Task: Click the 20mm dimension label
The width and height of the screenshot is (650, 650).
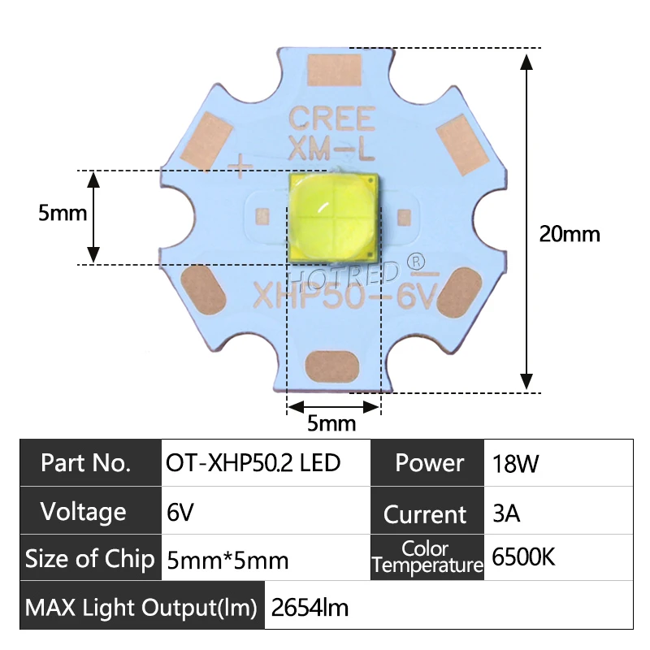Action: pos(570,234)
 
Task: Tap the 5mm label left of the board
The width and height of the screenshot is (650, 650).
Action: pos(63,214)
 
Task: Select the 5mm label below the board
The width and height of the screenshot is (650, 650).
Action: pos(331,423)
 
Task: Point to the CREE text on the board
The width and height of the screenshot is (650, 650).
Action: pos(333,119)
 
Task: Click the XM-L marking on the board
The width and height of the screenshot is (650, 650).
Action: pos(333,148)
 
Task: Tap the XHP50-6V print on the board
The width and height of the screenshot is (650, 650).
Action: pos(345,295)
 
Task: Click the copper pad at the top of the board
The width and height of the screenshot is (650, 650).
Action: pos(333,70)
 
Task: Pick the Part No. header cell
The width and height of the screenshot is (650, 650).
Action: pos(85,463)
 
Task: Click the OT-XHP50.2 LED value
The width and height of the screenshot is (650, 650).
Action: pos(253,463)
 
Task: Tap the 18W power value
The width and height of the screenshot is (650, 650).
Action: pos(515,465)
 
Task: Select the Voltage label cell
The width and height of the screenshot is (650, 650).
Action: pos(84,512)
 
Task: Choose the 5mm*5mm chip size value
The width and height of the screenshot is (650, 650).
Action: pos(227,560)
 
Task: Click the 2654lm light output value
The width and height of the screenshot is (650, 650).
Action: pos(310,607)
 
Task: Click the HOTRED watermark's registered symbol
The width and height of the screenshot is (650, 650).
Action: pos(415,262)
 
